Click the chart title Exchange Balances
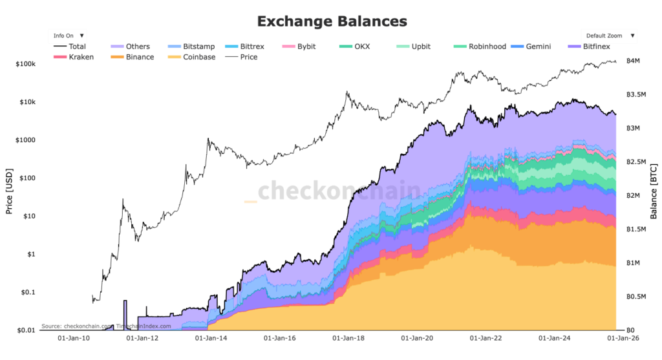tap(332, 21)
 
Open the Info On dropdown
tap(68, 36)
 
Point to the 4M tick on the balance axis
tap(632, 61)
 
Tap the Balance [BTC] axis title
tap(654, 187)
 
